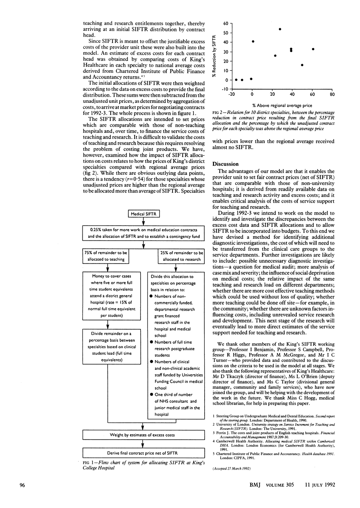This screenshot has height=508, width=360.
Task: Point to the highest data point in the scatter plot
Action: pyautogui.click(x=280, y=29)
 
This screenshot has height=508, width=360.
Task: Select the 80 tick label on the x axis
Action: pyautogui.click(x=332, y=94)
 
